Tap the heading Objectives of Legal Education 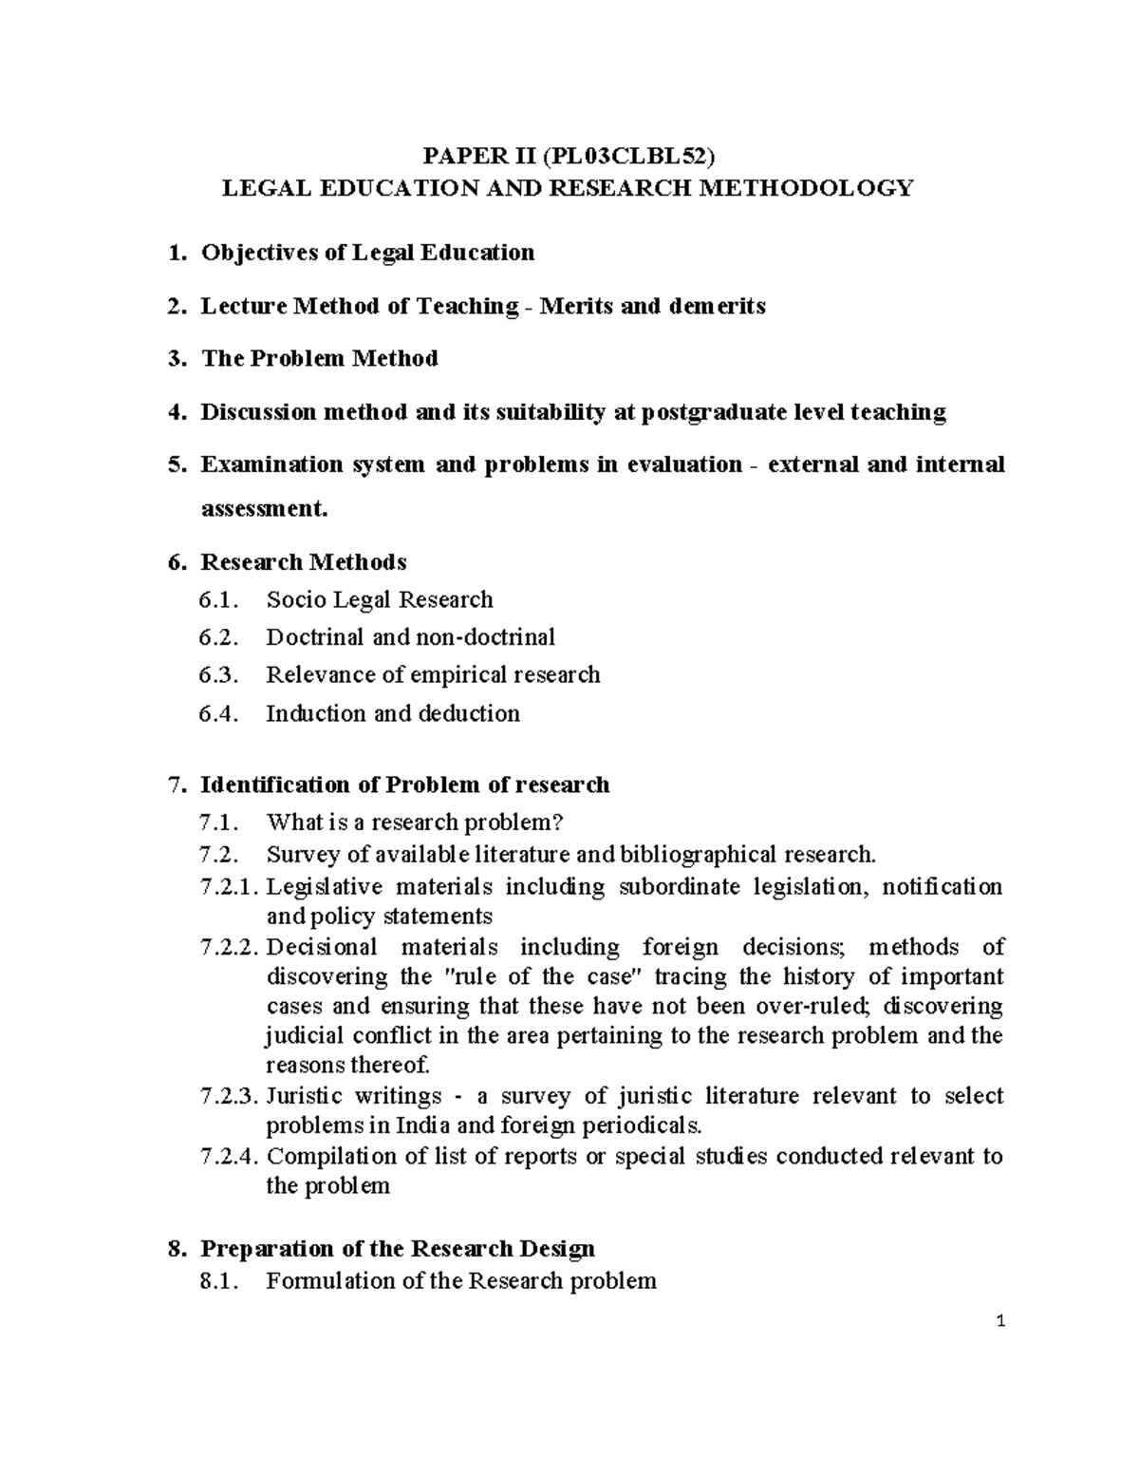(367, 253)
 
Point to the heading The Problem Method (319, 359)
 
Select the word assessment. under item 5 (264, 509)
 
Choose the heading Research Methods (303, 562)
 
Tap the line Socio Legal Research (380, 600)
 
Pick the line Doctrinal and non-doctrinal (410, 637)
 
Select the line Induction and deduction (393, 713)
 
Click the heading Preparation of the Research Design (398, 1248)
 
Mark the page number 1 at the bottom (999, 1322)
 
